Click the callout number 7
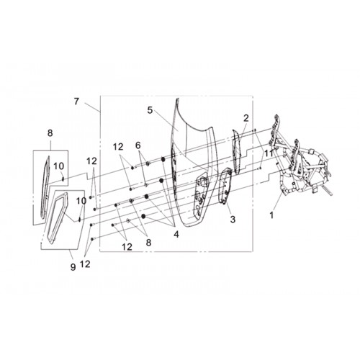[76, 102]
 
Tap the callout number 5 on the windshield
[150, 110]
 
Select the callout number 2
[246, 118]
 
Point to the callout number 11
[269, 153]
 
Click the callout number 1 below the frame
[271, 215]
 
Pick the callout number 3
[233, 219]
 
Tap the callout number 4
[176, 234]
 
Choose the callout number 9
[73, 266]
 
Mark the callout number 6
[138, 145]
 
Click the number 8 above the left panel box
[50, 132]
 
